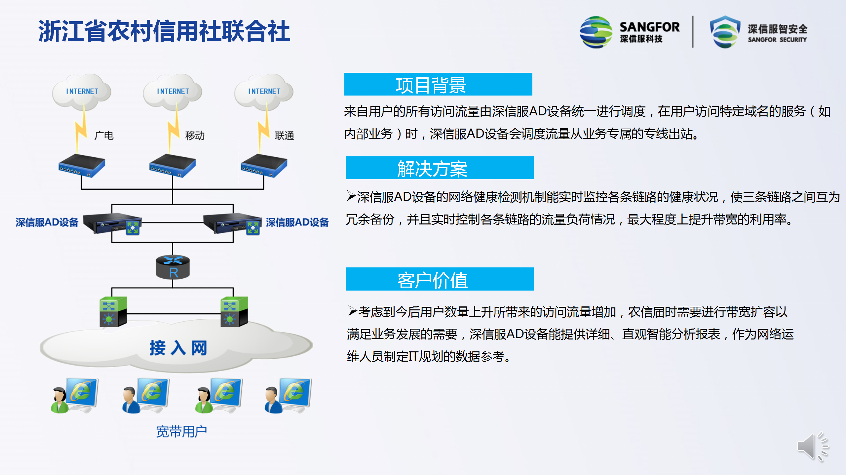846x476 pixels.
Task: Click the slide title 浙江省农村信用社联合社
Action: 164,31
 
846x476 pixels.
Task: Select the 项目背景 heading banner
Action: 438,84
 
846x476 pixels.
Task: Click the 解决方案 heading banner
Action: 440,168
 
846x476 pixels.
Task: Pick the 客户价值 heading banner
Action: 440,279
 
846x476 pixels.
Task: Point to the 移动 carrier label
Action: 195,136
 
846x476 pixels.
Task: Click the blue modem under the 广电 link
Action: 82,166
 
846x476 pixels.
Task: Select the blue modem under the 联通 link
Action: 264,166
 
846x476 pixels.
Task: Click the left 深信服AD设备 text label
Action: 47,222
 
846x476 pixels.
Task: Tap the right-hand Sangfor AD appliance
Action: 232,223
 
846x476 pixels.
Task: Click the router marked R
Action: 173,267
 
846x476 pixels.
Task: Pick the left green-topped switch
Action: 113,312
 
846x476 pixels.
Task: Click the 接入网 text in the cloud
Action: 178,348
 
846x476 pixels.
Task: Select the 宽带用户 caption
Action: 181,431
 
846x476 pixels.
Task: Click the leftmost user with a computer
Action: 75,395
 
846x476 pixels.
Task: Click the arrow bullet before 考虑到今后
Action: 353,311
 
